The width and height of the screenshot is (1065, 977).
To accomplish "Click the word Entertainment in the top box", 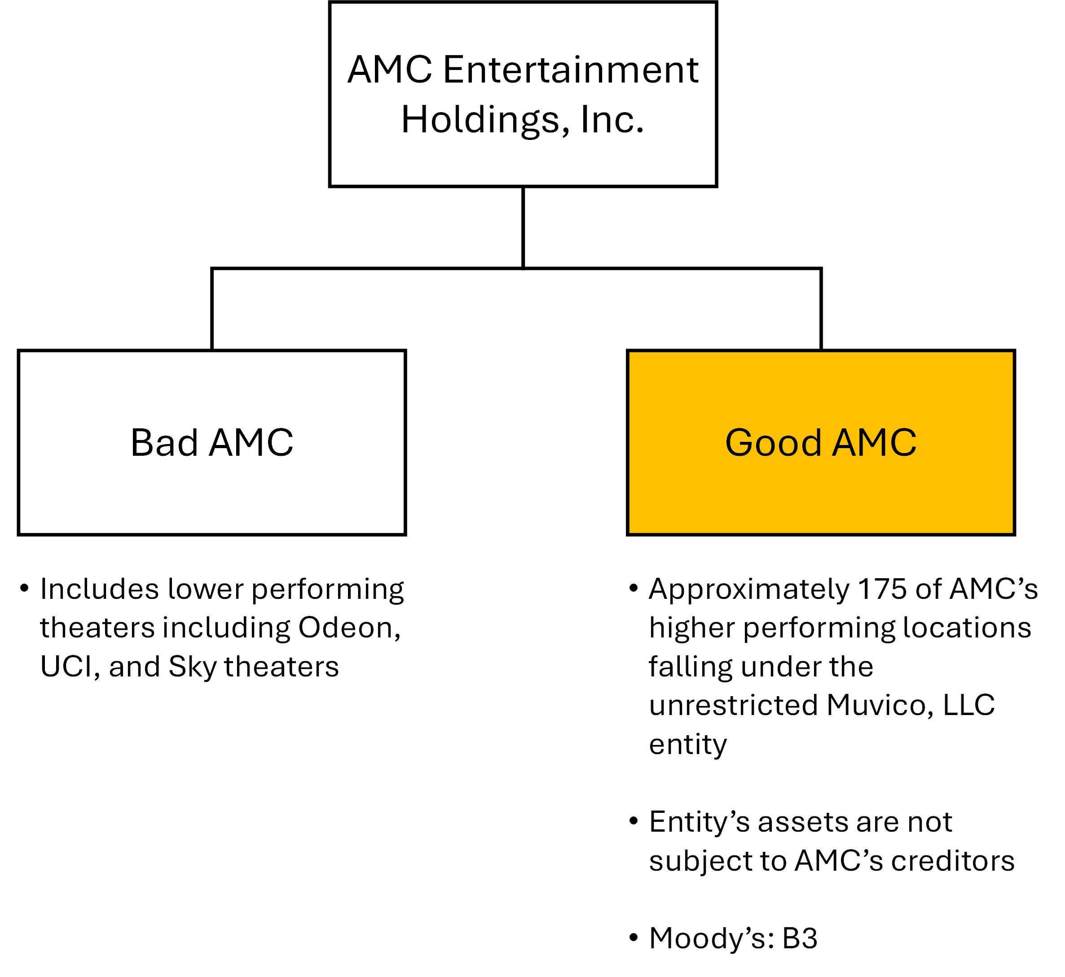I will [x=570, y=70].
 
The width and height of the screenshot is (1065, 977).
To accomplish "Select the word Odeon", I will [x=349, y=628].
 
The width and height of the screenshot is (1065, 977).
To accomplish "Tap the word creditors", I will [x=953, y=861].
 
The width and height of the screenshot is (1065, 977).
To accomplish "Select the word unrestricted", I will [x=733, y=705].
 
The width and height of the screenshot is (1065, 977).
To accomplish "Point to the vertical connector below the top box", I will [x=523, y=227].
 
